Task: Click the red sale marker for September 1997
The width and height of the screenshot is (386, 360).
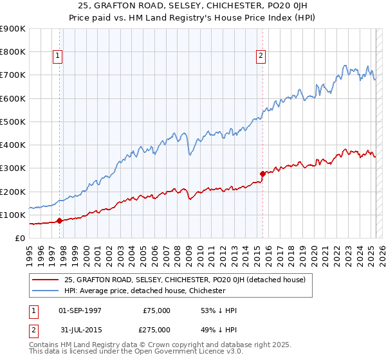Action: [x=59, y=221]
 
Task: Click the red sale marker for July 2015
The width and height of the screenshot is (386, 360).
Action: [x=262, y=174]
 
